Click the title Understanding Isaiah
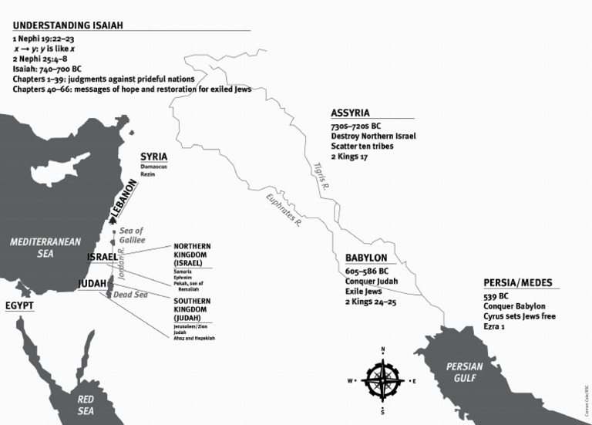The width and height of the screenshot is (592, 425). pos(68,25)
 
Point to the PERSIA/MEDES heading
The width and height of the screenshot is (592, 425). pos(517,282)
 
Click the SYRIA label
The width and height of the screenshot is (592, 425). pos(154,157)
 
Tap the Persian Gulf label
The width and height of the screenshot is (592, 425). pos(465,373)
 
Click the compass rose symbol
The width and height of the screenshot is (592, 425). pos(383,380)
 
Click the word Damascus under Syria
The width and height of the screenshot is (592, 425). pos(153,167)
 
